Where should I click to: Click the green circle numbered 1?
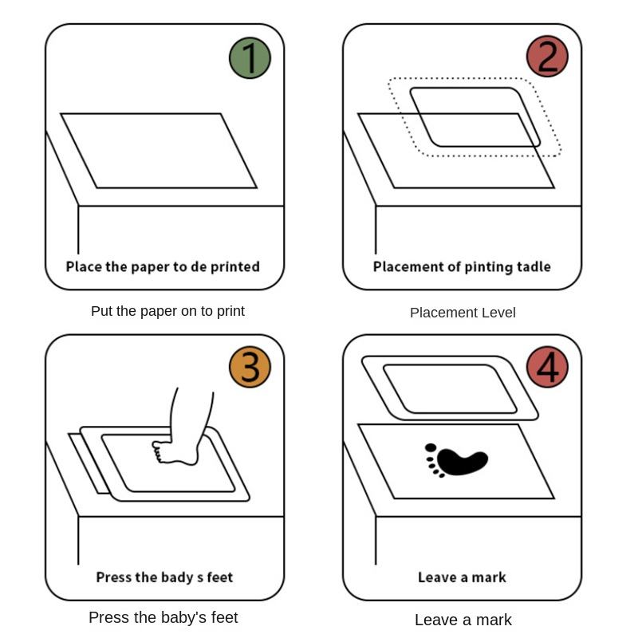pyautogui.click(x=250, y=57)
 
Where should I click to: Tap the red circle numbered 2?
pyautogui.click(x=547, y=57)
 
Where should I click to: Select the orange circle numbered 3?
pyautogui.click(x=250, y=368)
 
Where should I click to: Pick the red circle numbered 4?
pyautogui.click(x=547, y=368)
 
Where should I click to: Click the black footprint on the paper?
pyautogui.click(x=456, y=461)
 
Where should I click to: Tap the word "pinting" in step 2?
pyautogui.click(x=487, y=266)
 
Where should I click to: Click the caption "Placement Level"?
pyautogui.click(x=463, y=313)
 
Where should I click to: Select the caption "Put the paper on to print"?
pyautogui.click(x=167, y=311)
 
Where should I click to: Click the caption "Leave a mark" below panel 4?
pyautogui.click(x=463, y=620)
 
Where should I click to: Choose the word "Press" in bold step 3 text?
pyautogui.click(x=114, y=577)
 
